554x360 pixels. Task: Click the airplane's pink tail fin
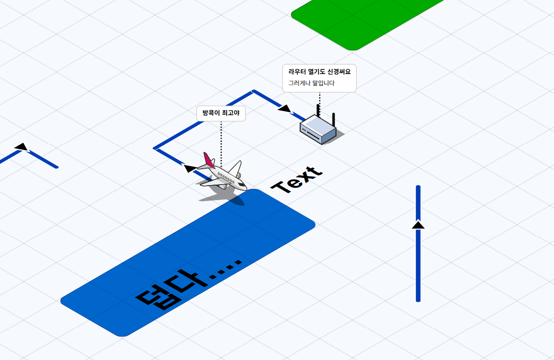208,160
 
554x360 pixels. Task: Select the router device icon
318,130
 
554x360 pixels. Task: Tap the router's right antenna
334,120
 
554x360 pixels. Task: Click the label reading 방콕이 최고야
221,113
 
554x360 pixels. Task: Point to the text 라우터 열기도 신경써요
319,72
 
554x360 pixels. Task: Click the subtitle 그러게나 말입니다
311,83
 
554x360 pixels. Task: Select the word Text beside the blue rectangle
298,180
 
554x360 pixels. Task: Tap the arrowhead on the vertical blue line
418,225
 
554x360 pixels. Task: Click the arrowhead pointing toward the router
285,109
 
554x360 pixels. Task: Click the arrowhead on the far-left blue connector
21,147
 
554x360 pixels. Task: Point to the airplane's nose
244,187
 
